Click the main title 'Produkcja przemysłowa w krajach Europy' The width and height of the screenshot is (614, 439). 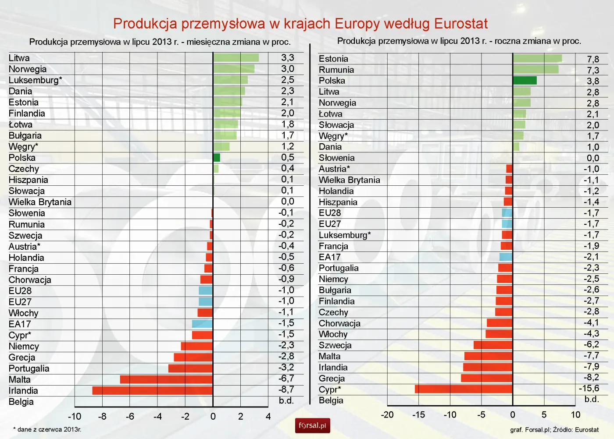pos(300,24)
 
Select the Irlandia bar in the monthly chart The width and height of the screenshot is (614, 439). pos(152,390)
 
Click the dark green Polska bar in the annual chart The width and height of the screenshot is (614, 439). pos(525,81)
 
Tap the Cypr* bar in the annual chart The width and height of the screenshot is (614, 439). pos(464,389)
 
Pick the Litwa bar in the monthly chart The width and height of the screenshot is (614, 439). pos(236,58)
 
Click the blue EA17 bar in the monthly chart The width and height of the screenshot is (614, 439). pos(202,324)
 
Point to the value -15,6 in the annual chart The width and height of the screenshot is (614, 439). pos(589,389)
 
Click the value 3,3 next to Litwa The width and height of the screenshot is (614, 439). pos(287,58)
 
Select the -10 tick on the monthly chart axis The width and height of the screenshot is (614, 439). pos(75,416)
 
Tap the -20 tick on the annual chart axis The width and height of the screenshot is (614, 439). pos(387,415)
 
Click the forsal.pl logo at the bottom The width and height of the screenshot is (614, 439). pos(312,425)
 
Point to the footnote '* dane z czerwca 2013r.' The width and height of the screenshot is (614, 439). pos(47,429)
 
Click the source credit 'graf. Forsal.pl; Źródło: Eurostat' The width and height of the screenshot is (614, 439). pos(554,430)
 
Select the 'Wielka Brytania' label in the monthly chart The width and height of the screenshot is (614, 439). pos(40,202)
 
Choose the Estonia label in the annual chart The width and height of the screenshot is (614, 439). pos(333,59)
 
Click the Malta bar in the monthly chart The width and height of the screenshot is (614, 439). pos(166,379)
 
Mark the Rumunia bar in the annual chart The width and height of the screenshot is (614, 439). pos(535,70)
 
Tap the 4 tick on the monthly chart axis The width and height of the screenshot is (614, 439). pos(268,416)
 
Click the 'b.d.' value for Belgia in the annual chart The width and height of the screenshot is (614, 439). pos(591,400)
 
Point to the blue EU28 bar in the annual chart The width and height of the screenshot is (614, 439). pos(507,213)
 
